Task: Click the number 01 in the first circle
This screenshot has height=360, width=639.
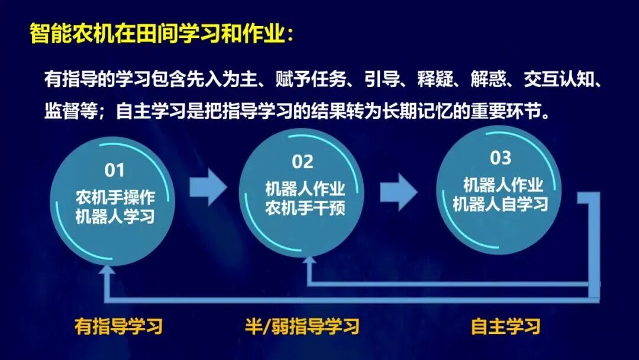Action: [115, 170]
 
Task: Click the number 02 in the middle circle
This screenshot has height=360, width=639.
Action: [302, 161]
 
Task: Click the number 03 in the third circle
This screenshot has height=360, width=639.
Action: [500, 157]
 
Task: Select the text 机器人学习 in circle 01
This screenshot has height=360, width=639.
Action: [115, 216]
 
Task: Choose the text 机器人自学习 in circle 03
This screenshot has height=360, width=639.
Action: [500, 204]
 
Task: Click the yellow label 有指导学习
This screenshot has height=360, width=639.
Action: [118, 326]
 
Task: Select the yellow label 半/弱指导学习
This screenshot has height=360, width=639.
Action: [302, 326]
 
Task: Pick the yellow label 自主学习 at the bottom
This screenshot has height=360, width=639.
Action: [506, 326]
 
